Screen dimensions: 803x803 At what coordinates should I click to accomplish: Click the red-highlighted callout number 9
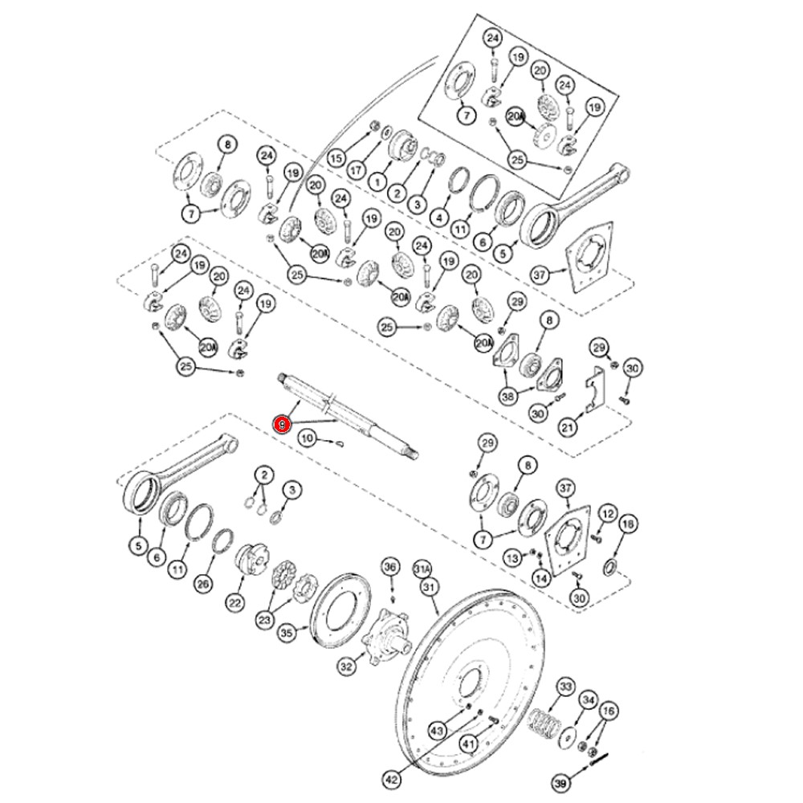click(x=282, y=425)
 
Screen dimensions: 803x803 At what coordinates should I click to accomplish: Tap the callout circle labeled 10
click(x=308, y=438)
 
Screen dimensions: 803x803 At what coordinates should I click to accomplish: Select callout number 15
click(x=336, y=157)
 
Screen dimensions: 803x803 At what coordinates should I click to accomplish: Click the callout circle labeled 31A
click(x=422, y=569)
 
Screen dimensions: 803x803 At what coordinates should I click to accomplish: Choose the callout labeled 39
click(x=561, y=784)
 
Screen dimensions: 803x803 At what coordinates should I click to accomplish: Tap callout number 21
click(x=568, y=426)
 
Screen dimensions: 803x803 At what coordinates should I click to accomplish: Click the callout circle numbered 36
click(x=391, y=567)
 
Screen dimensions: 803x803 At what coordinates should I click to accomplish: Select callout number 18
click(x=629, y=524)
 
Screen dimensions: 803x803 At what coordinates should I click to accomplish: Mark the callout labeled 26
click(x=204, y=584)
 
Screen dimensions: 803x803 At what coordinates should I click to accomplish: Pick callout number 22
click(x=234, y=603)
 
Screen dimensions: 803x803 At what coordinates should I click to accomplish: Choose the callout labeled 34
click(x=589, y=700)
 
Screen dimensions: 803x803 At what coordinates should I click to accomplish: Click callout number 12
click(x=608, y=514)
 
